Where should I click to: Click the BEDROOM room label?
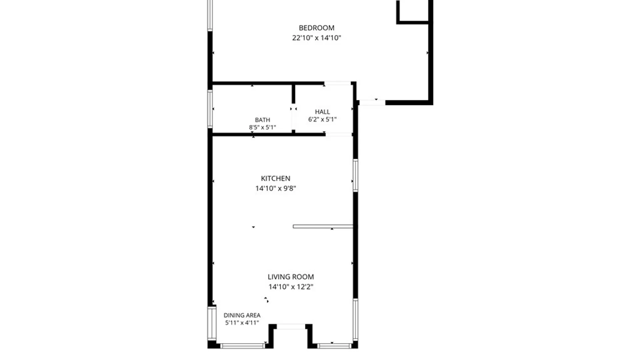click(x=316, y=28)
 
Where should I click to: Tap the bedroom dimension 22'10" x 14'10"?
click(x=316, y=38)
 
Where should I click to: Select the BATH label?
click(x=262, y=120)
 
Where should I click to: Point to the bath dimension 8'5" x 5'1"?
click(x=262, y=127)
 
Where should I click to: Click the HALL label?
click(x=322, y=112)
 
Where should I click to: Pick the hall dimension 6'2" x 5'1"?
click(x=322, y=119)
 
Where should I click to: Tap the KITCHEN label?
click(x=275, y=179)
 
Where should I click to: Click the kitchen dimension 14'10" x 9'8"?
click(x=275, y=189)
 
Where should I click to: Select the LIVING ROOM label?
click(x=291, y=277)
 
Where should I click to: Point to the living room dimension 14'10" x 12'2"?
click(x=291, y=287)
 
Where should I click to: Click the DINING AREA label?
click(x=242, y=315)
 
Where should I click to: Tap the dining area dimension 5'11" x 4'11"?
click(x=242, y=323)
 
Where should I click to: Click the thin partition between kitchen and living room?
click(x=323, y=227)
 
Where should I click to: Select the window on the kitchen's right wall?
click(x=355, y=175)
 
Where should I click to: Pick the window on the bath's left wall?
click(x=210, y=109)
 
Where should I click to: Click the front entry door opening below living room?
click(x=291, y=327)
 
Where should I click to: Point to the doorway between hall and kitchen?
click(x=338, y=134)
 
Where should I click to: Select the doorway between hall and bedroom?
click(x=337, y=83)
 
